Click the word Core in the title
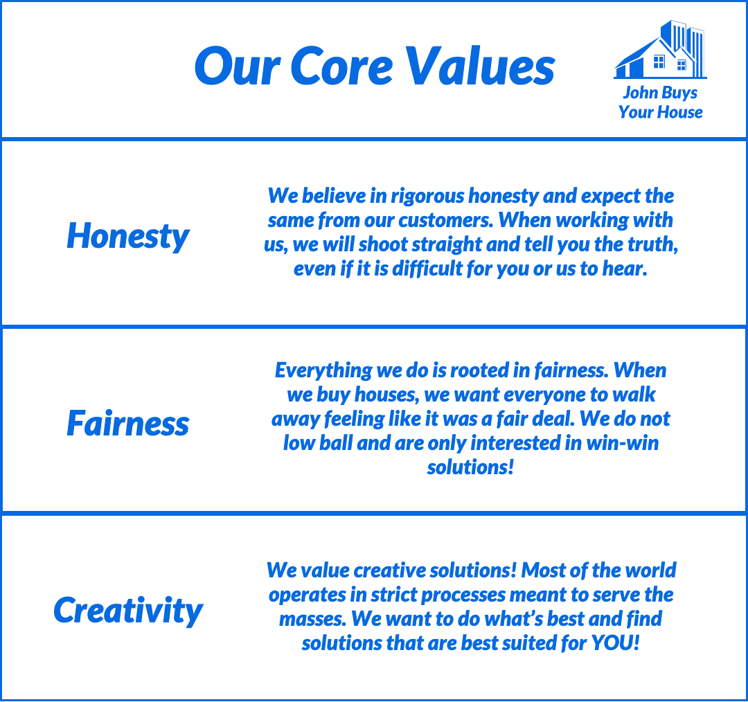pos(341,66)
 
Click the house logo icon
pos(660,50)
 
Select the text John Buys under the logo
pos(660,93)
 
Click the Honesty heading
pos(128,237)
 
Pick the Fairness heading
pos(128,423)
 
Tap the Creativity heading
pos(128,611)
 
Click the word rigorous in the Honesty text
pos(427,197)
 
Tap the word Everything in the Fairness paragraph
pos(323,371)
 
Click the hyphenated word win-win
pos(622,443)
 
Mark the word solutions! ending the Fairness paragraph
pos(470,467)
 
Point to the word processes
pos(463,595)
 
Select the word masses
pos(312,620)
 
